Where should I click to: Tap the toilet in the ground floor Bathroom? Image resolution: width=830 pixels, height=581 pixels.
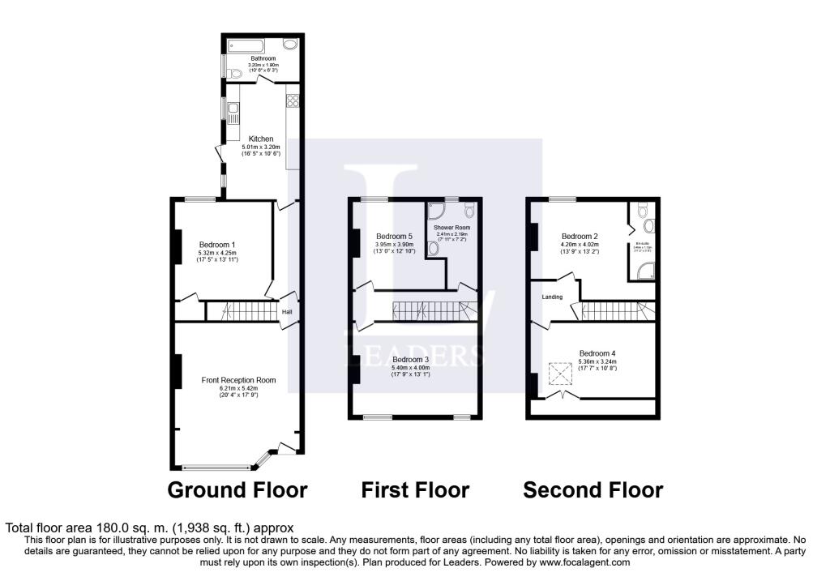(234, 74)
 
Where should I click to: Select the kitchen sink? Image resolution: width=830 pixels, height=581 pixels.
(233, 112)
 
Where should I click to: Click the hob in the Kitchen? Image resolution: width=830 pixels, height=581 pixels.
(293, 102)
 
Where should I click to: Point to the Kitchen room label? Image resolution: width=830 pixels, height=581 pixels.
(260, 139)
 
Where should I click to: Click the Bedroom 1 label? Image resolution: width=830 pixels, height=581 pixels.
(217, 243)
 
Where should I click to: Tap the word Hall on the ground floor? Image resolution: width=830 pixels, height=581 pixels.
(287, 311)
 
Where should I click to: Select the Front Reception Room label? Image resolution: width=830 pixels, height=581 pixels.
(238, 379)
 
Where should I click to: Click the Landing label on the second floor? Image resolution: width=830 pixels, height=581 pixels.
(552, 297)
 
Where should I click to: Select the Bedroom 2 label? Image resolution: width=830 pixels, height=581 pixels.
(580, 237)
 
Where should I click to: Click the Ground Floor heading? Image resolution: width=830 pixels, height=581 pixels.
(237, 490)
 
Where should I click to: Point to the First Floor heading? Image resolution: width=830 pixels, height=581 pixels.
(415, 490)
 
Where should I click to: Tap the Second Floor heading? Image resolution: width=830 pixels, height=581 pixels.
(593, 490)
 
